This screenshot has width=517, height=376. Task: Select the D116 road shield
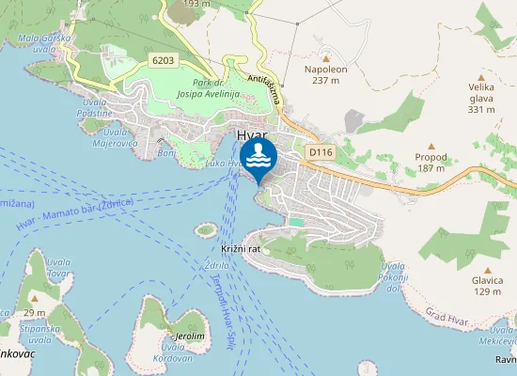[x=319, y=150]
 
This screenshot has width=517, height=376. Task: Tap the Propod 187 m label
[x=431, y=164]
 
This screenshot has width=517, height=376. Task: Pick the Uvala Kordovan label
[x=171, y=352]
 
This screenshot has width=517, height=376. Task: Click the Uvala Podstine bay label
[x=95, y=107]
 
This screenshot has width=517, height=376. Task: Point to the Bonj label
[x=167, y=151]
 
